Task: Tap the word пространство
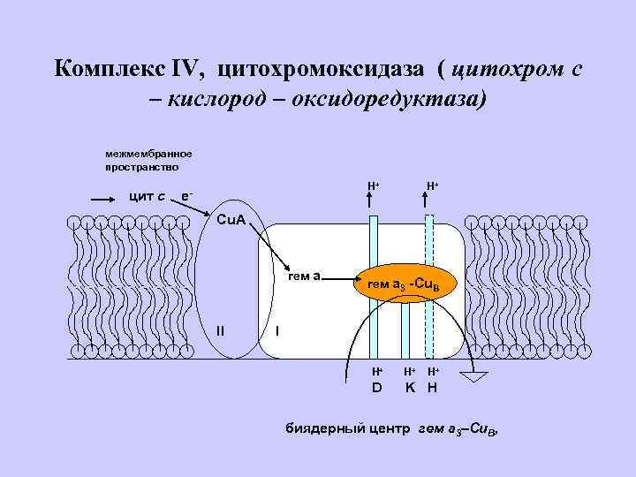point(141,165)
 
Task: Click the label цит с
point(145,195)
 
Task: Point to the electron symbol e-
point(185,194)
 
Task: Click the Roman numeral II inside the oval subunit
point(220,330)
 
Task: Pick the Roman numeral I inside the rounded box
point(278,330)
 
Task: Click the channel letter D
point(376,387)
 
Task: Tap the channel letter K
point(410,387)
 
